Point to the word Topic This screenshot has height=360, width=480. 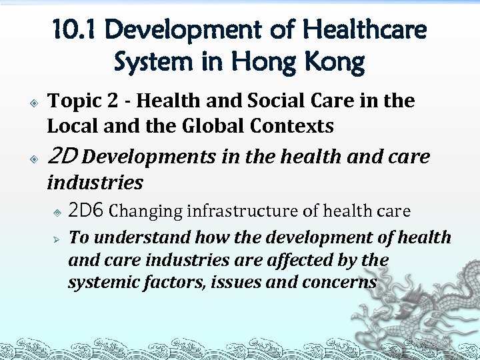coord(71,101)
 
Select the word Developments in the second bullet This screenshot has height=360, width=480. coord(149,157)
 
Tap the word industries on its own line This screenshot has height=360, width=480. coord(95,181)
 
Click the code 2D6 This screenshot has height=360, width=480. coord(87,211)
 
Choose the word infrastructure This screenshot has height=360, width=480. coord(243,211)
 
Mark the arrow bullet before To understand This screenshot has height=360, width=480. coord(57,237)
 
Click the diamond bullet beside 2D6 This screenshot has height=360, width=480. coord(57,212)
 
